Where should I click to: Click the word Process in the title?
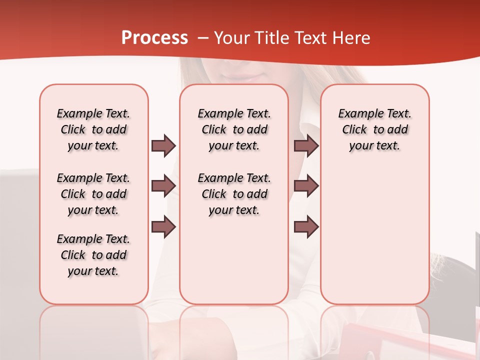click(x=154, y=38)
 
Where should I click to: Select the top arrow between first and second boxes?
click(x=163, y=145)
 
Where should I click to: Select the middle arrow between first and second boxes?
click(x=163, y=186)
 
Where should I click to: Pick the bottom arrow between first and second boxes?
click(x=163, y=227)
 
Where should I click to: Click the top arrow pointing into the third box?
click(x=306, y=145)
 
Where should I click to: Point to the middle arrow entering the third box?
click(x=306, y=186)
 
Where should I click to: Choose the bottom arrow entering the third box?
click(x=306, y=227)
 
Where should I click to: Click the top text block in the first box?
click(x=93, y=129)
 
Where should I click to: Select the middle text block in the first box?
click(x=93, y=194)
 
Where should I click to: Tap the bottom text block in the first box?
click(x=93, y=255)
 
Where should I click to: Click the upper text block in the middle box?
click(x=234, y=129)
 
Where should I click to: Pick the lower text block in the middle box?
click(x=234, y=194)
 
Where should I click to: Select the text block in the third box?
click(x=375, y=129)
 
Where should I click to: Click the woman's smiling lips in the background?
click(x=241, y=78)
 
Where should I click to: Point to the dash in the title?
click(x=203, y=38)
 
